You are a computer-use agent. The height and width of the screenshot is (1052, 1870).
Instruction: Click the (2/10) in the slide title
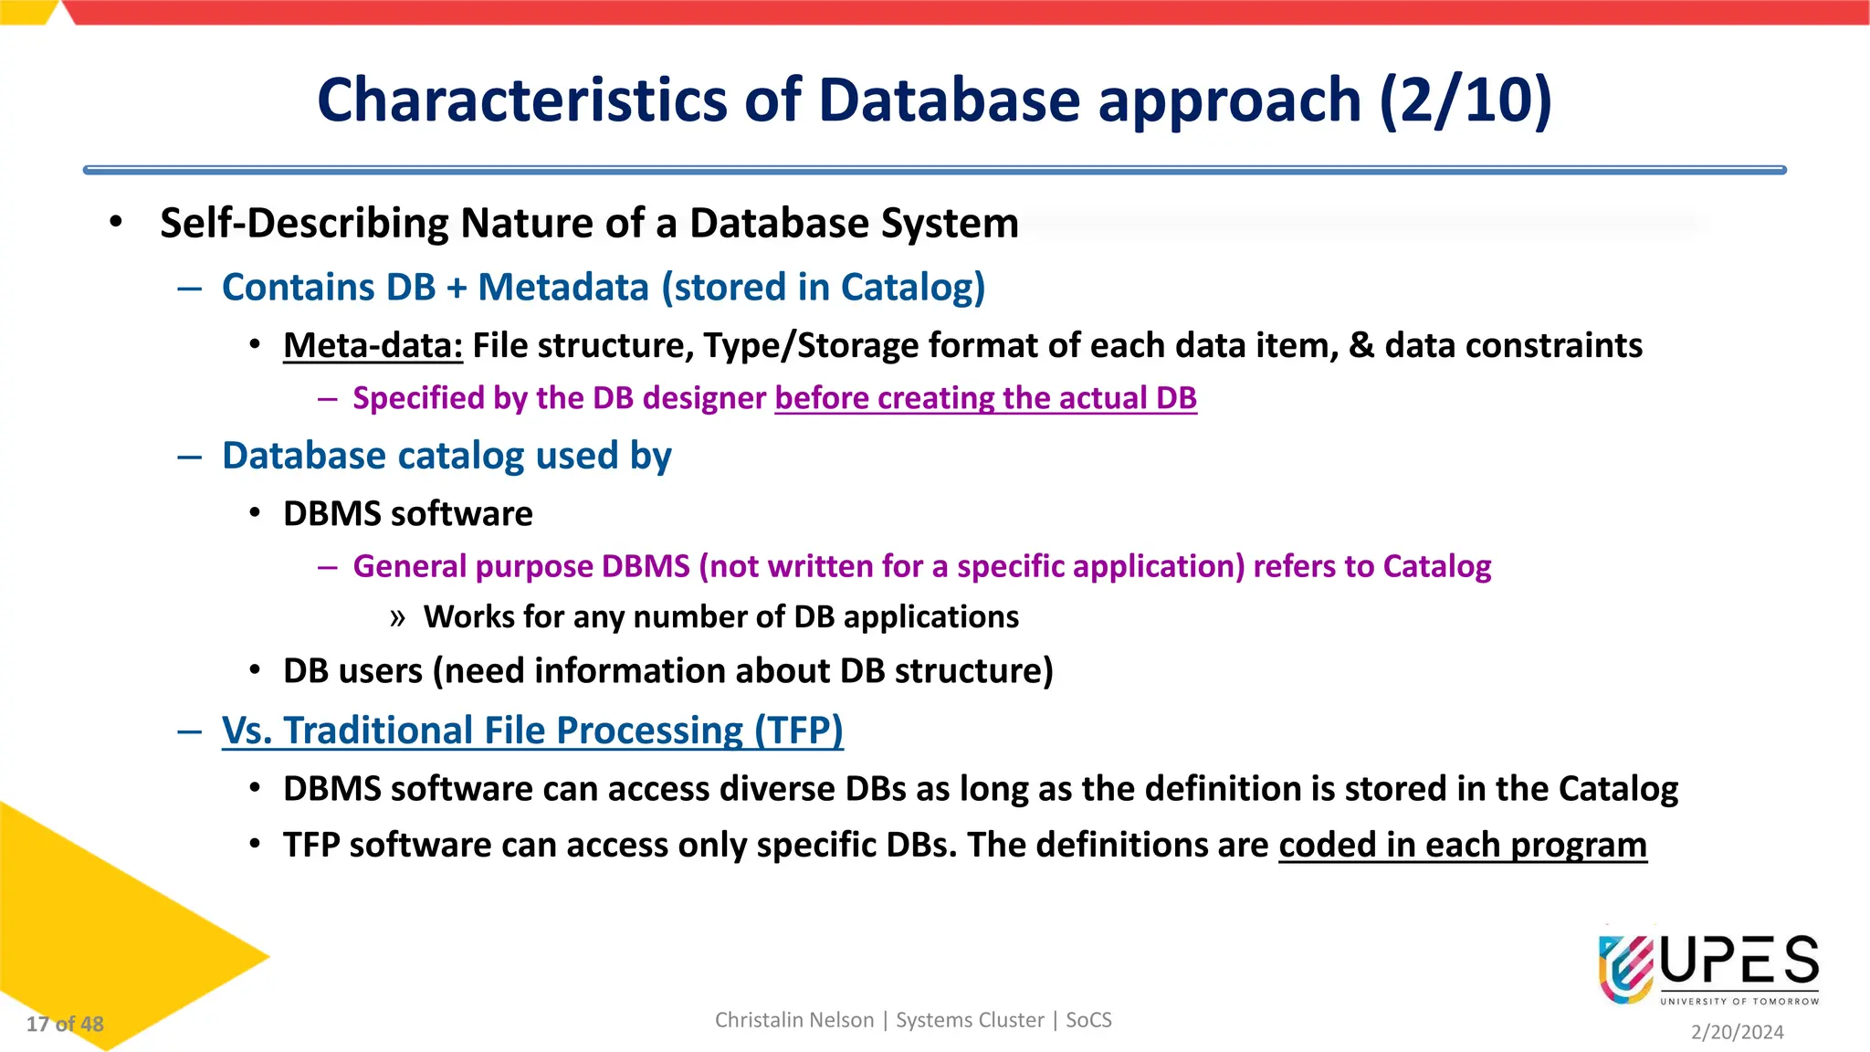1466,100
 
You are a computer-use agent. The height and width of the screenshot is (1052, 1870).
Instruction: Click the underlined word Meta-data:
373,346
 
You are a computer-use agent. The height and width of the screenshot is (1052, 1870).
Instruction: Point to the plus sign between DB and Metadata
457,288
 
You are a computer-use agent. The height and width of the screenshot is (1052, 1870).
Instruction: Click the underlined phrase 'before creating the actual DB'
985,398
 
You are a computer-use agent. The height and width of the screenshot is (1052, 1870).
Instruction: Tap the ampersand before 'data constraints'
1360,346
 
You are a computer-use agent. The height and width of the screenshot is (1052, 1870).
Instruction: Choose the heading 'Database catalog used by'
446,456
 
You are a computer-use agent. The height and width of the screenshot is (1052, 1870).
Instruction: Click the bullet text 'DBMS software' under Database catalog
407,514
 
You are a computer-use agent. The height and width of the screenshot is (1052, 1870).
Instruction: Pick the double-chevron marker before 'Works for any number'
397,618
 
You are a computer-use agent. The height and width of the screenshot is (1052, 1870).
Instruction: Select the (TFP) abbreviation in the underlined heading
798,731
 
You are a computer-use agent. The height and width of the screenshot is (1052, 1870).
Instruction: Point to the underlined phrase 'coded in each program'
1462,846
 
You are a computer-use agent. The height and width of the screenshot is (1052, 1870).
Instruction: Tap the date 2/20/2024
1737,1032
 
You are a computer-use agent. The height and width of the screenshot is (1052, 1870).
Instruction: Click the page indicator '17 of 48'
65,1025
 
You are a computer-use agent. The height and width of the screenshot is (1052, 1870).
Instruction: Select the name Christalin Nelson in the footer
793,1020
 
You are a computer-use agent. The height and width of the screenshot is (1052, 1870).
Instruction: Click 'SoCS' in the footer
1088,1020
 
